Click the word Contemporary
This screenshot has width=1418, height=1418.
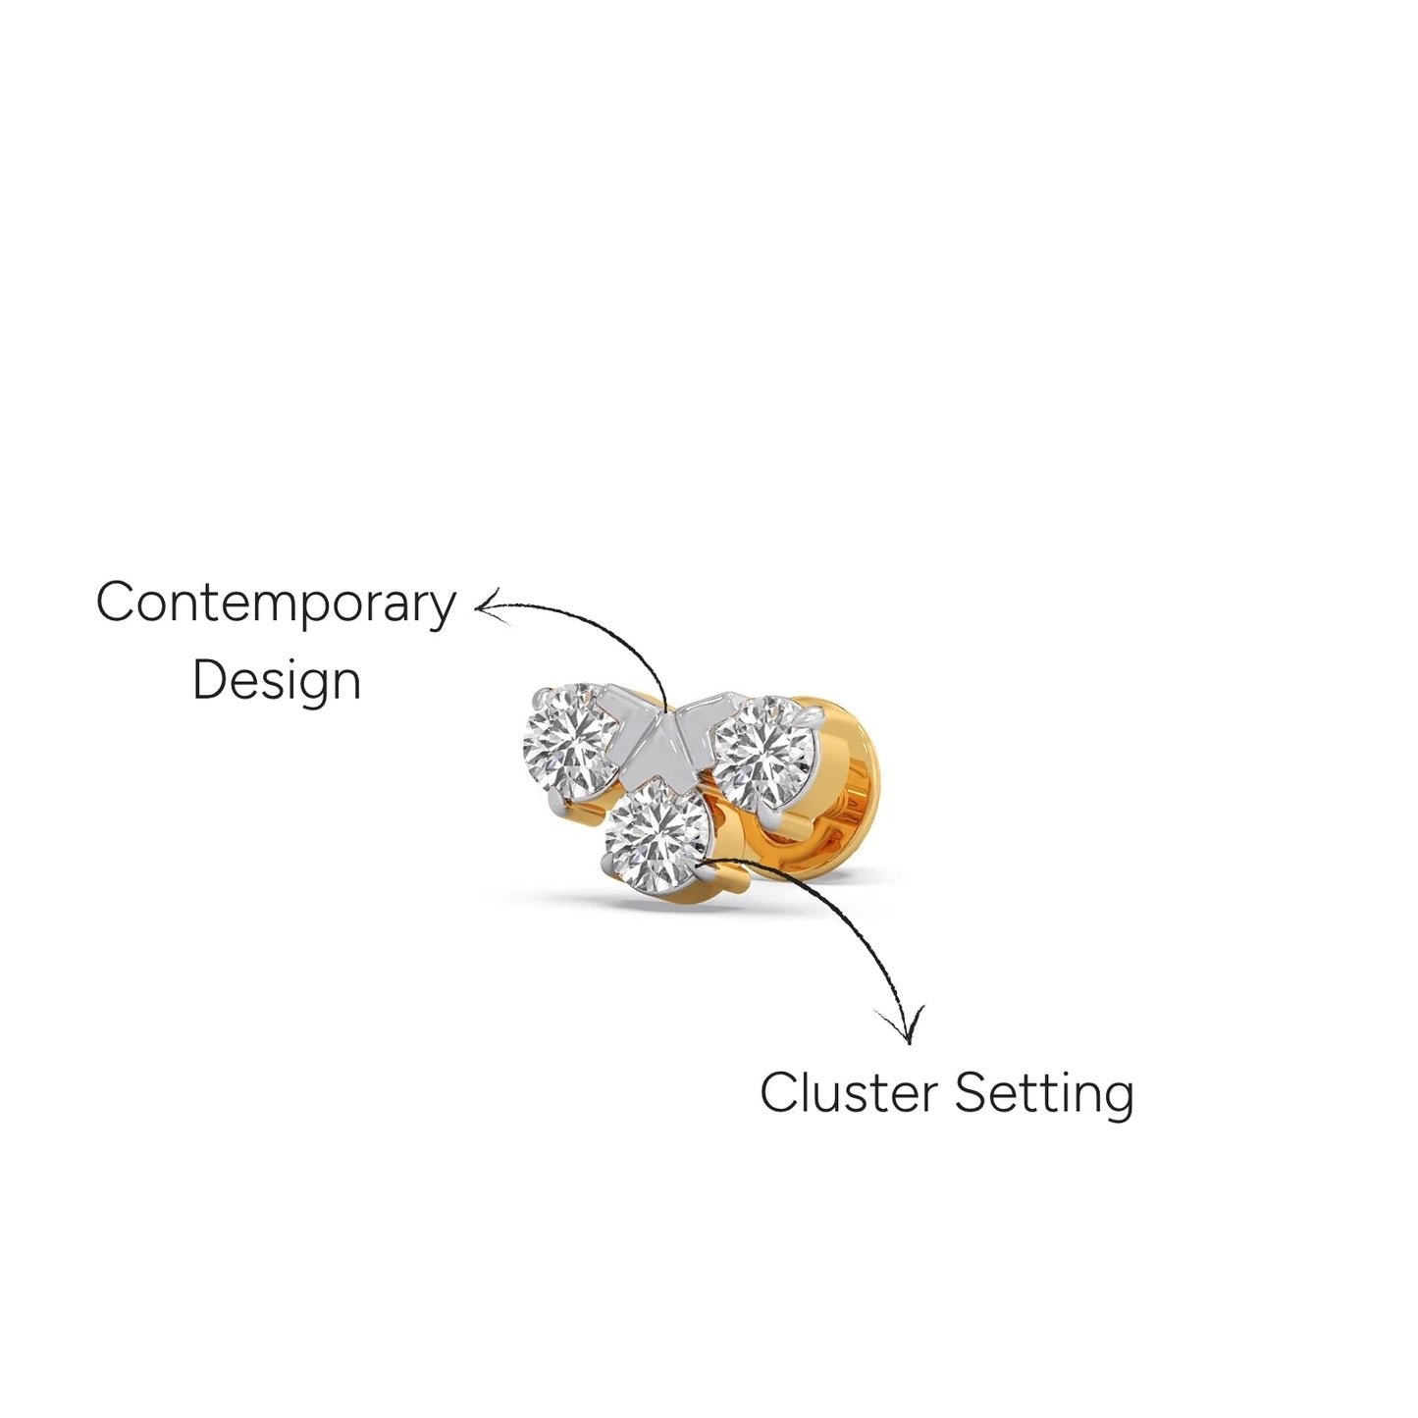(276, 604)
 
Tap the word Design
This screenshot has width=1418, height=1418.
(277, 681)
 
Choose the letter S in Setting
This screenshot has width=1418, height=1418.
(972, 1092)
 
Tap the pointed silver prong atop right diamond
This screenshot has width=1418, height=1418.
(811, 713)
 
